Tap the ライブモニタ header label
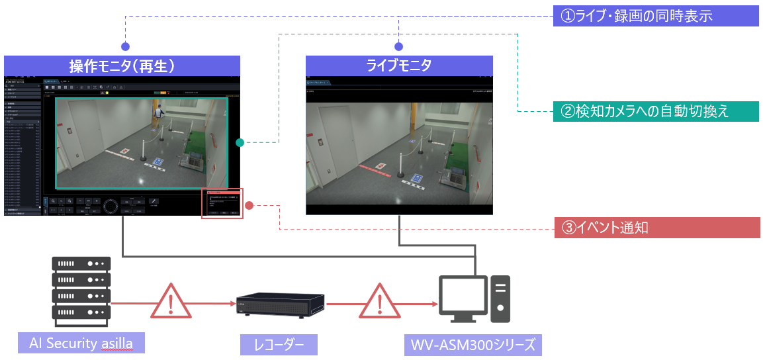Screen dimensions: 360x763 pos(399,66)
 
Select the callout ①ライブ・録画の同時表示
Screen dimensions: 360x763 pos(655,17)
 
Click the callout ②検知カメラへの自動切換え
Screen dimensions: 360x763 pos(655,111)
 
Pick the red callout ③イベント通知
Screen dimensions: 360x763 pos(655,228)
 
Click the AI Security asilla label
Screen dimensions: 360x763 pos(81,343)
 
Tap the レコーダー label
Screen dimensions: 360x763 pos(279,344)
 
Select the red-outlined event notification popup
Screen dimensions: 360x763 pos(222,202)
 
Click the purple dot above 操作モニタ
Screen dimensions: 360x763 pos(126,46)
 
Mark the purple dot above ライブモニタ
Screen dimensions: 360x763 pos(398,46)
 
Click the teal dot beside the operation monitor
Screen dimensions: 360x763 pos(240,142)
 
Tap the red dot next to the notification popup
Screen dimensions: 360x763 pos(249,205)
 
